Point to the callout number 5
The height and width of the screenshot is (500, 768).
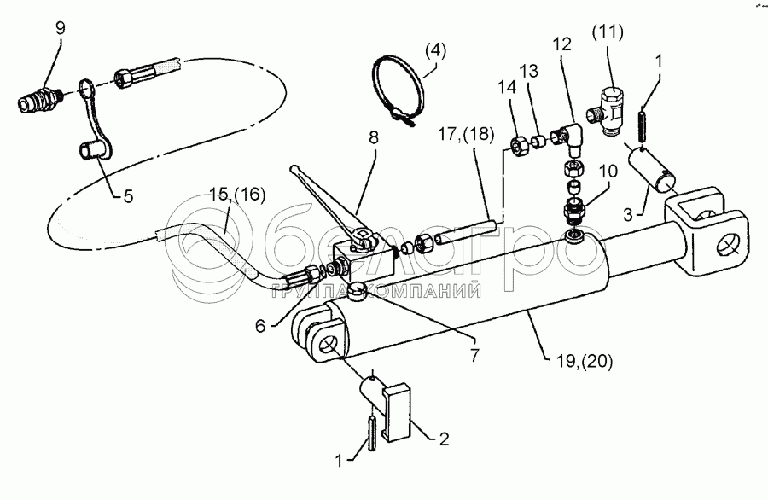pos(128,195)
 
